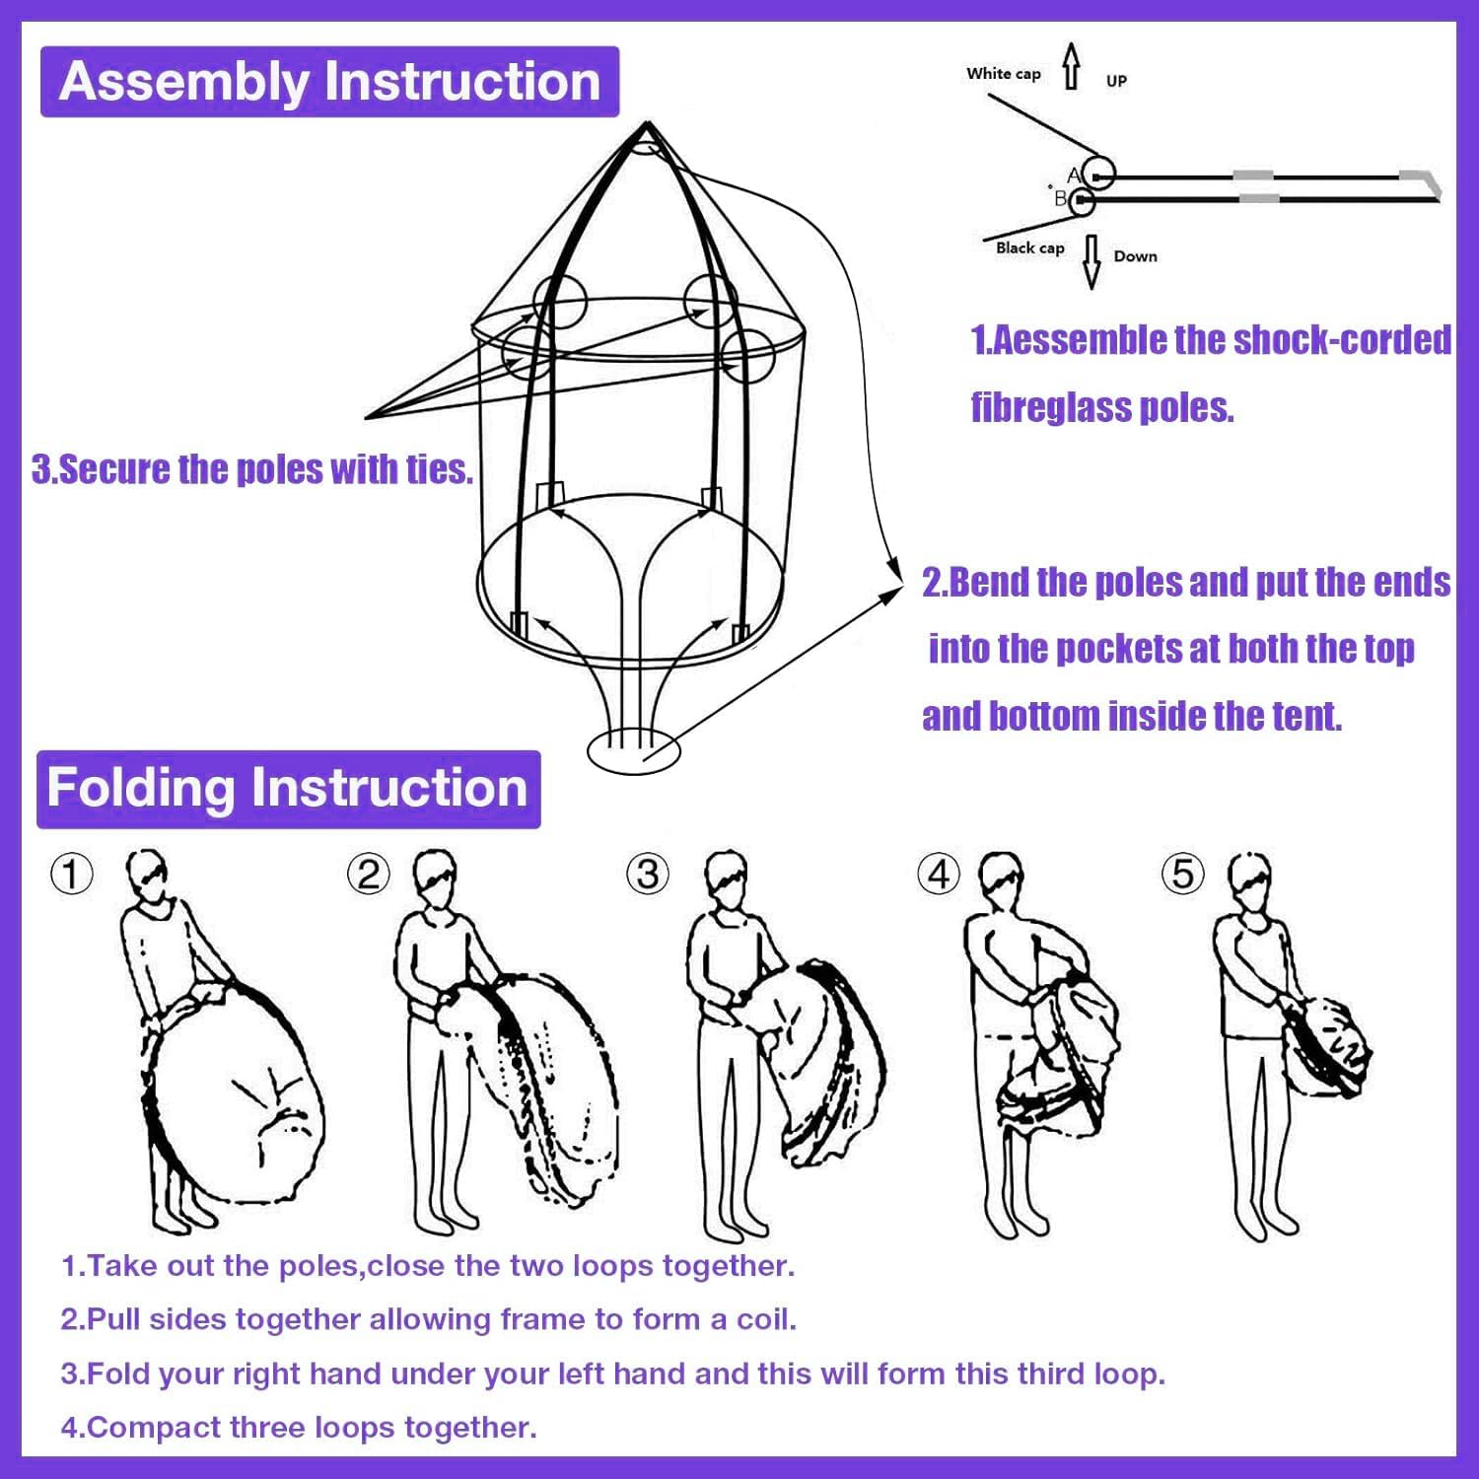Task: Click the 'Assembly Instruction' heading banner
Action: click(x=329, y=82)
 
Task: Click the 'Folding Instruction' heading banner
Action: click(x=288, y=789)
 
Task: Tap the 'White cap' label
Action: click(x=1003, y=74)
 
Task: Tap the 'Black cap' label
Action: click(x=1029, y=247)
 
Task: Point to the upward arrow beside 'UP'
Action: click(x=1072, y=66)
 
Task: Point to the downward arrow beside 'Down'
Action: click(x=1092, y=261)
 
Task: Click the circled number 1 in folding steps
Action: click(x=72, y=874)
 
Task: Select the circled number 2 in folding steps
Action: click(x=369, y=874)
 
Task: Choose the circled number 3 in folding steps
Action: click(x=648, y=874)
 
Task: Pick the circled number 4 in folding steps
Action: click(x=938, y=874)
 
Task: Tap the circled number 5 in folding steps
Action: click(x=1183, y=874)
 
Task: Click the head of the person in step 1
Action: click(x=148, y=874)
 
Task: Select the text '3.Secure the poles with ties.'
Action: click(x=252, y=469)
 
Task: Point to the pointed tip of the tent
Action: click(x=648, y=123)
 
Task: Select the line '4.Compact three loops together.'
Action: click(x=299, y=1427)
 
